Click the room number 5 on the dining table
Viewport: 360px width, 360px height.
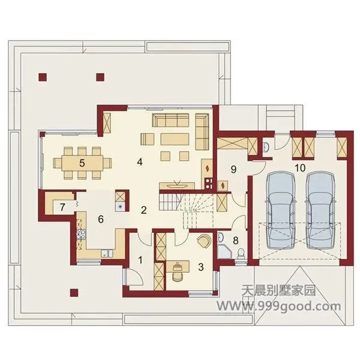click(x=82, y=163)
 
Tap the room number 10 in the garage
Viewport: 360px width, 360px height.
click(x=301, y=168)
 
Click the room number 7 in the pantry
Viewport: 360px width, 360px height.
click(x=62, y=207)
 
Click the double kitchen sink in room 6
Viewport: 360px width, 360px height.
click(x=107, y=253)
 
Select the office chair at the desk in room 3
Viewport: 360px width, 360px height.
click(x=177, y=276)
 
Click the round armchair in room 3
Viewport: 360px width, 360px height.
click(x=203, y=241)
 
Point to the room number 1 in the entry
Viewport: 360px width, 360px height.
click(x=140, y=260)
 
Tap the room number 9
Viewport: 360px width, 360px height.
click(x=233, y=169)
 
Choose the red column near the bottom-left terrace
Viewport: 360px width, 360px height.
click(x=74, y=292)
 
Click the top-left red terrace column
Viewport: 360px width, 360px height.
click(x=43, y=77)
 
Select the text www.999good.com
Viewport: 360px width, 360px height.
click(x=279, y=306)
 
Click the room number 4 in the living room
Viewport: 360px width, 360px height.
click(x=140, y=162)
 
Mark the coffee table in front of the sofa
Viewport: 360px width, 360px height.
click(x=175, y=139)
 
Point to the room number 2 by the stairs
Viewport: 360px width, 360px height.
click(x=144, y=210)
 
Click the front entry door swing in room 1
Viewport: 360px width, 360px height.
click(x=136, y=278)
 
